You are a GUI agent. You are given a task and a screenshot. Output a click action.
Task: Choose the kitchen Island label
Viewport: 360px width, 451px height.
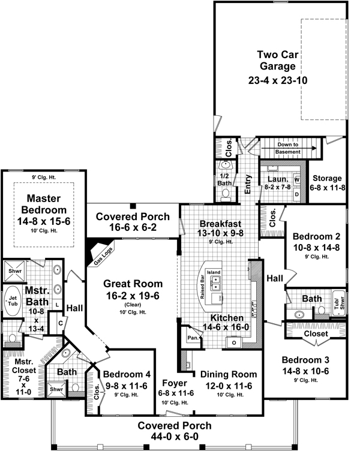[x=214, y=272]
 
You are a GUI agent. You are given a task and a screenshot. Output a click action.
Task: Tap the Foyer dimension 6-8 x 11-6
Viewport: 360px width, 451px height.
[x=172, y=393]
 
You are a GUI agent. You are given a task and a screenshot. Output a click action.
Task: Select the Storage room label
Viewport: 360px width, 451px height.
[x=327, y=178]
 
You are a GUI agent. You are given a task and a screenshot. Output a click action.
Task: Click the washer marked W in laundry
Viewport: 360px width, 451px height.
[x=296, y=180]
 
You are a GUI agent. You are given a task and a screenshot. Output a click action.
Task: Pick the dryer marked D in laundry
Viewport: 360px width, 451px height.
[x=296, y=194]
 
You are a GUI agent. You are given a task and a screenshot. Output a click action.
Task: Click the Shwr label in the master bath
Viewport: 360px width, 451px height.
[x=14, y=270]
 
